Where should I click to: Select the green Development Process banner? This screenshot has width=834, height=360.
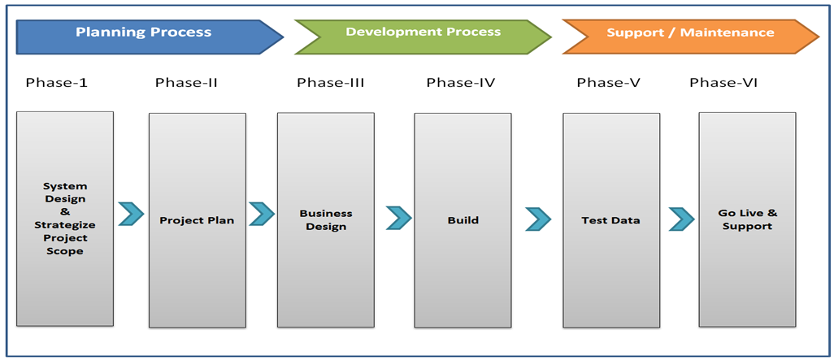423,33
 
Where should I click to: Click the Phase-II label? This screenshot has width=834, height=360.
186,82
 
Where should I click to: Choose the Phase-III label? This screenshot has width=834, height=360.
330,82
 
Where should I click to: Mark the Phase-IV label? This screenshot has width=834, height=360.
461,82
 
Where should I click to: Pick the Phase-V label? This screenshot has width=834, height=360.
607,82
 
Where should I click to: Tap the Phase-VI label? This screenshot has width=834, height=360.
723,82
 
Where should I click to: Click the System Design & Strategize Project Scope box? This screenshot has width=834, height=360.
65,219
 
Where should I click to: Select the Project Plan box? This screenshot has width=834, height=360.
197,220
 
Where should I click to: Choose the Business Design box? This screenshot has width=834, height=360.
326,219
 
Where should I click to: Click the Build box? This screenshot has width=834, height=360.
463,219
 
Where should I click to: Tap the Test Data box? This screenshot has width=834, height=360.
611,219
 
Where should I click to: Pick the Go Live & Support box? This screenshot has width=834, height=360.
747,219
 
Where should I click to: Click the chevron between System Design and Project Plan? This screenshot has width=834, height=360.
131,215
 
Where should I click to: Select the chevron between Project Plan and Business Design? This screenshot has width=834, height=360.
262,214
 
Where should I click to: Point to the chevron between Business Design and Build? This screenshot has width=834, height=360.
398,218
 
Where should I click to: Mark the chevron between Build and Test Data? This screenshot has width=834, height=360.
538,219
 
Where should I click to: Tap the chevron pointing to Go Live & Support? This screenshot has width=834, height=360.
681,219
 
